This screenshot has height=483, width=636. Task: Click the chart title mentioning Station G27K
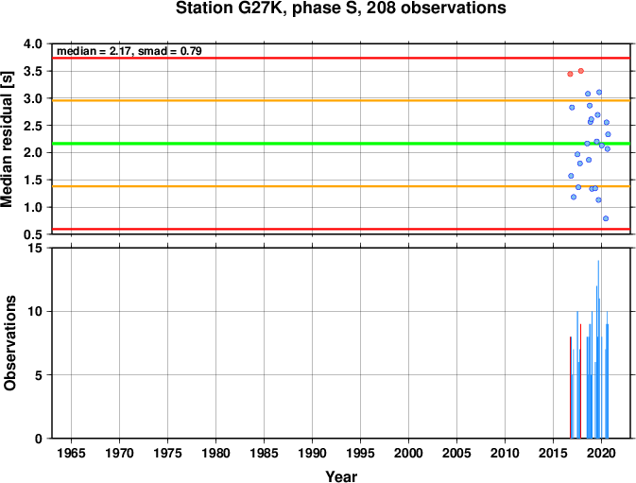click(341, 9)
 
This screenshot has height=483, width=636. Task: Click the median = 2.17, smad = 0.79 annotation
click(129, 51)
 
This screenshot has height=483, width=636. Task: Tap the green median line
click(341, 144)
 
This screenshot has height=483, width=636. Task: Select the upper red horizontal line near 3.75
click(341, 58)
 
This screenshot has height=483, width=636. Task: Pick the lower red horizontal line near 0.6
click(341, 229)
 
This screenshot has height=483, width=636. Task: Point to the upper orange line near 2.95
click(341, 100)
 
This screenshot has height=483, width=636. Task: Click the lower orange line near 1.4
click(341, 186)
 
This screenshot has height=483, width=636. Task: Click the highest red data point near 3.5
click(581, 71)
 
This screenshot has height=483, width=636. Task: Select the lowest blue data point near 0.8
click(606, 218)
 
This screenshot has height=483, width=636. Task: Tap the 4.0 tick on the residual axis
click(33, 43)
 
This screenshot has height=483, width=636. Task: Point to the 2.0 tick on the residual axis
click(33, 152)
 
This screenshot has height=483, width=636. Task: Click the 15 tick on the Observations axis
click(36, 248)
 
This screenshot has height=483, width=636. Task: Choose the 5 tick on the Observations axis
click(39, 375)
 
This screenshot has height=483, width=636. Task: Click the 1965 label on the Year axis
click(72, 453)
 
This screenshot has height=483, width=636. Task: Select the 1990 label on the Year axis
click(312, 453)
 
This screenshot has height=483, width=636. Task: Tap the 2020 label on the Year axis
click(601, 453)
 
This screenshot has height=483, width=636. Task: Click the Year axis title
click(341, 476)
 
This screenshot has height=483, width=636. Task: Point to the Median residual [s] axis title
click(8, 139)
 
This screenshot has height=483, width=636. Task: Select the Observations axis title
click(9, 343)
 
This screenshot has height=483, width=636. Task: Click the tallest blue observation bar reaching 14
click(598, 349)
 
